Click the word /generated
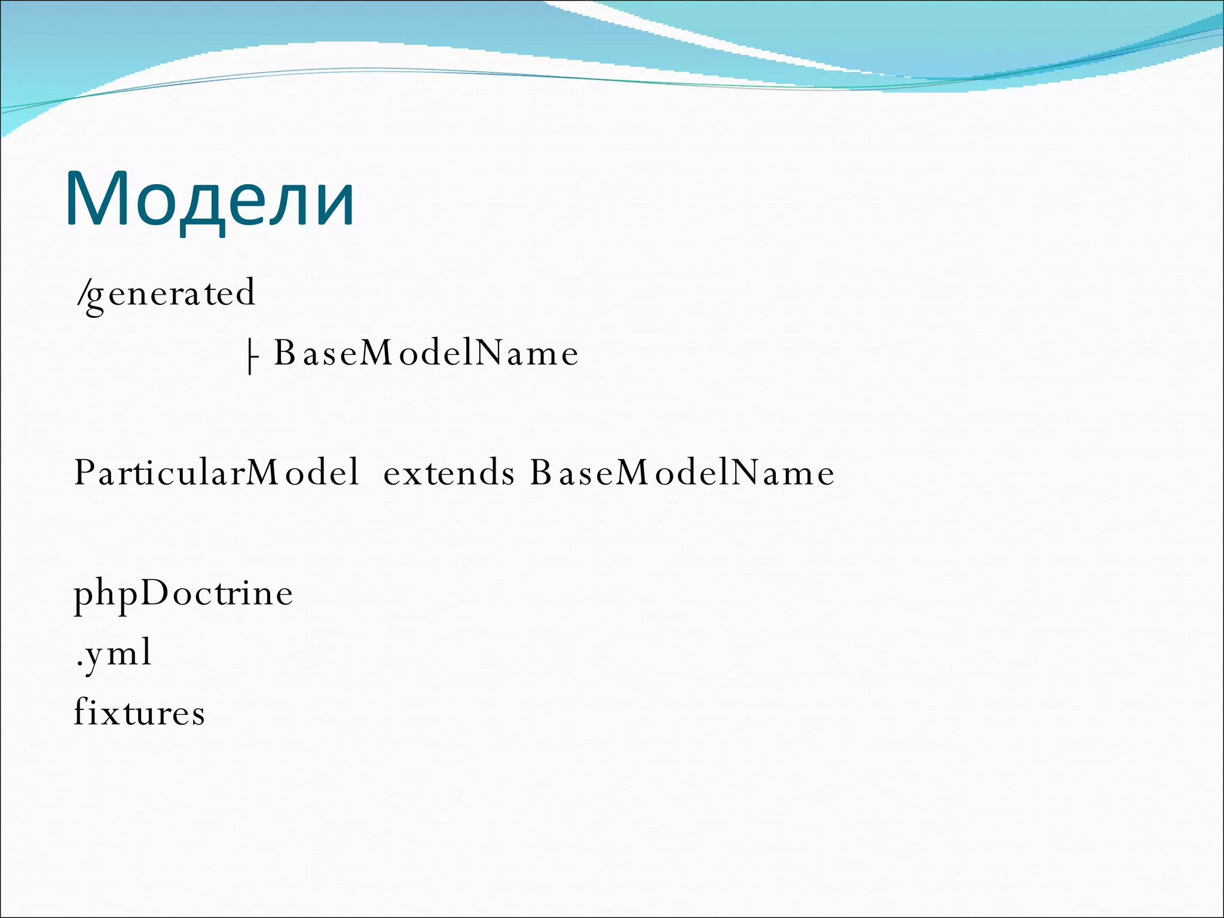click(166, 293)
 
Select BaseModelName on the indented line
click(426, 353)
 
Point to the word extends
click(448, 473)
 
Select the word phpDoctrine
click(183, 593)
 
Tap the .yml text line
click(114, 653)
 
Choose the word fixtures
click(139, 712)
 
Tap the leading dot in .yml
click(78, 663)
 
